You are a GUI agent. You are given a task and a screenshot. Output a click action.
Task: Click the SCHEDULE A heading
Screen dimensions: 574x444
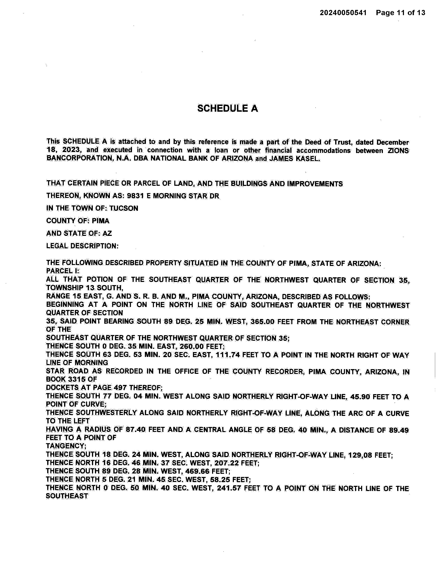(x=228, y=109)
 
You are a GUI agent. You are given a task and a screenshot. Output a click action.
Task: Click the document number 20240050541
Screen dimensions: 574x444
(x=343, y=13)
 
